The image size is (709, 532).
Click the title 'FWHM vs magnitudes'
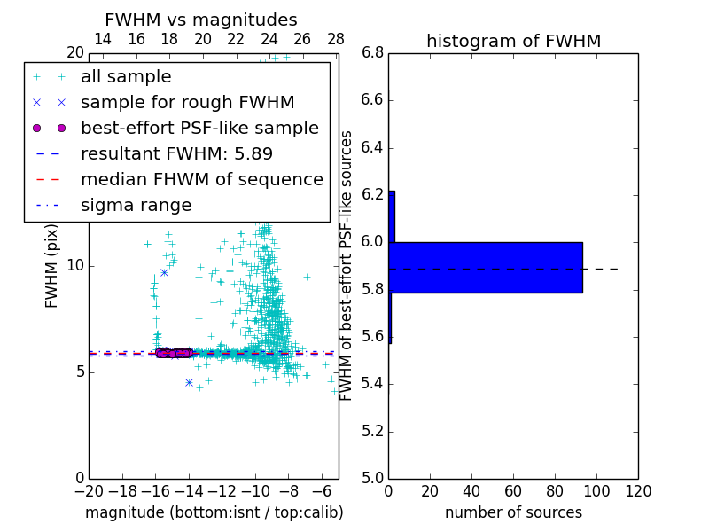pos(201,20)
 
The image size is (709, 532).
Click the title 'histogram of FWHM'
pos(513,41)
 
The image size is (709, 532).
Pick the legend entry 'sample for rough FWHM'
pos(187,103)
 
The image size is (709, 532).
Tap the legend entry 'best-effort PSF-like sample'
pos(199,128)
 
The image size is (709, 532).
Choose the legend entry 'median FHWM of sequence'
pos(201,179)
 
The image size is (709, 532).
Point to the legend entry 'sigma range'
pos(136,205)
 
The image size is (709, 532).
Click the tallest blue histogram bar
pos(486,267)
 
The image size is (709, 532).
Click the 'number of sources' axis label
pos(513,512)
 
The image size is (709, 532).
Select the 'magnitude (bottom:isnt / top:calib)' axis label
pos(214,512)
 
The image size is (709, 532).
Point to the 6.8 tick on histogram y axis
pos(372,52)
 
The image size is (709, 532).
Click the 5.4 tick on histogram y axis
pos(372,384)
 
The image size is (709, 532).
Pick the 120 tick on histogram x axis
pos(638,489)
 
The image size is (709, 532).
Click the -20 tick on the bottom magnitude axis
pos(89,489)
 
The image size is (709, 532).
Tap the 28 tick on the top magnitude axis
pos(336,39)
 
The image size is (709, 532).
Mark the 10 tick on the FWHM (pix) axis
pos(74,265)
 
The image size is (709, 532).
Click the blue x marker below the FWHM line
pos(189,382)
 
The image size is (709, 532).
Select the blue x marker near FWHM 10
pos(164,272)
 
